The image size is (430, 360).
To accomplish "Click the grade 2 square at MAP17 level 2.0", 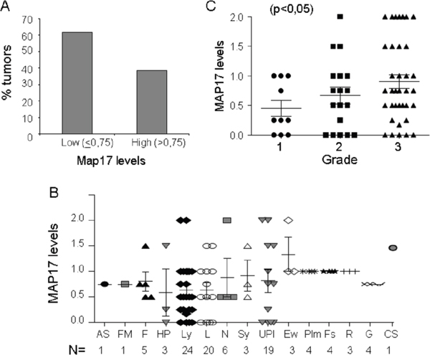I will [340, 16].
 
